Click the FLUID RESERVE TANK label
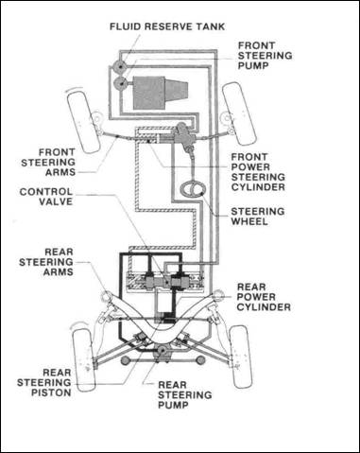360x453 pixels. [167, 26]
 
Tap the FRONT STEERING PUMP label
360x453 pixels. [265, 56]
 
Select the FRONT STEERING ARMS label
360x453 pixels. [48, 163]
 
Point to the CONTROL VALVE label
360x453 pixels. [46, 197]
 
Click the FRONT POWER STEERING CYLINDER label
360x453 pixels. [258, 172]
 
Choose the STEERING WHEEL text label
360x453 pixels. [258, 217]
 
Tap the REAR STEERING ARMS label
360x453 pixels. [46, 262]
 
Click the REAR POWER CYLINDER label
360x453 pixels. [264, 297]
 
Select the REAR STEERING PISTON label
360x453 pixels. [44, 383]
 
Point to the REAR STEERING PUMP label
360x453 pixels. [184, 395]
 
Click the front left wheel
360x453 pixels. [83, 122]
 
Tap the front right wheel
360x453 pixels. [238, 113]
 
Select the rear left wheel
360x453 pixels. [83, 359]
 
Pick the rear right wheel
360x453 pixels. [241, 357]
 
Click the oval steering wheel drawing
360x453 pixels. [194, 188]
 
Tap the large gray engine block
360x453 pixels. [160, 93]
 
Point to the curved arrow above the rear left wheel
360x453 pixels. [78, 324]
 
